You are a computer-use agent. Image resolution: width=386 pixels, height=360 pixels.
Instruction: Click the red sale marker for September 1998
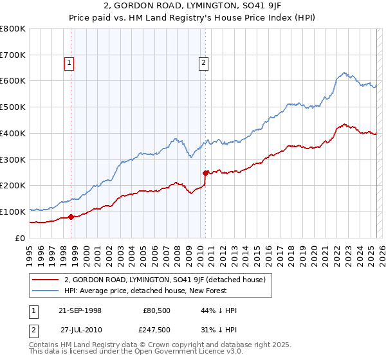tap(71, 217)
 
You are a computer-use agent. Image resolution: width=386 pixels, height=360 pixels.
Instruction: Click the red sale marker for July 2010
tap(205, 172)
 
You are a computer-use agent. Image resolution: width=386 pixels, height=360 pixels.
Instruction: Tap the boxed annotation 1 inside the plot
tap(68, 62)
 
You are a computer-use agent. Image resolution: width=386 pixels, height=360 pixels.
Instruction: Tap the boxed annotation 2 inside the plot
tap(203, 62)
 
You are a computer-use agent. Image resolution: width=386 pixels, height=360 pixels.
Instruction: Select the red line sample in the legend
tap(46, 280)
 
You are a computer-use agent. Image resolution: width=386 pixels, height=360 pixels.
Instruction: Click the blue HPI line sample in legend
tap(46, 291)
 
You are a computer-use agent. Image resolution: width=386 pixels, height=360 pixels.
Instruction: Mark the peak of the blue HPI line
tap(345, 73)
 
